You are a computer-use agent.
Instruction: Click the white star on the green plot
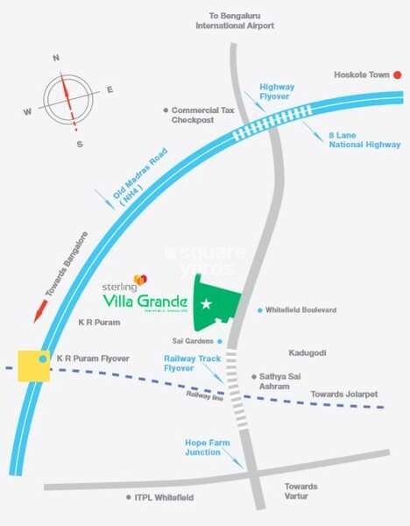pos(207,304)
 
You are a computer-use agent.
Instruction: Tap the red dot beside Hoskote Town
pos(396,75)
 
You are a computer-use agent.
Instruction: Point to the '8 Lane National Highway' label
pos(364,139)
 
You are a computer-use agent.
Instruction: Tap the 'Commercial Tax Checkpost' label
pos(204,115)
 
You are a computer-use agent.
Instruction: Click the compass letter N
pos(56,59)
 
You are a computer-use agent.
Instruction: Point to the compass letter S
pos(79,143)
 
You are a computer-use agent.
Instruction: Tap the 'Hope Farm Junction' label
pos(207,448)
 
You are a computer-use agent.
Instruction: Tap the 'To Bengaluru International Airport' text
pos(235,21)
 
